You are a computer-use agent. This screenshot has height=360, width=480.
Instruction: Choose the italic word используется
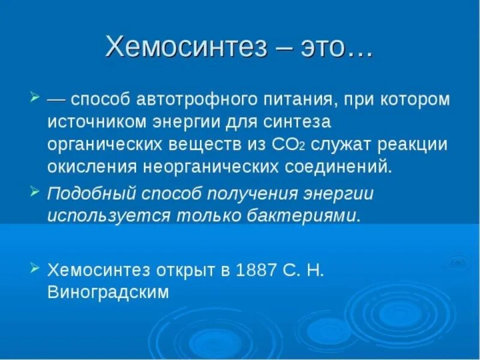click(96, 215)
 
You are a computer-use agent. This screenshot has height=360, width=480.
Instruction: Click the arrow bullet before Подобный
click(34, 191)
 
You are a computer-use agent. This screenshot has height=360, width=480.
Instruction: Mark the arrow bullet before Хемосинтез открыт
click(34, 268)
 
